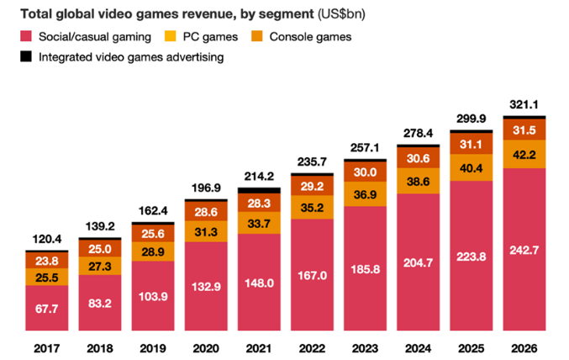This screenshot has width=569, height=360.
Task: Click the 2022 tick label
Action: click(312, 346)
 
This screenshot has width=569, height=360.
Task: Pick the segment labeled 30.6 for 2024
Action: click(418, 158)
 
